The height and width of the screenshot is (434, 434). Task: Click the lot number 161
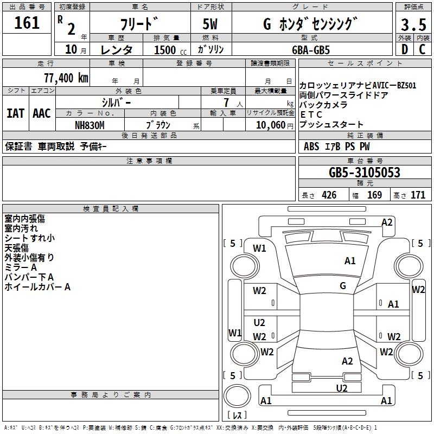[27, 23]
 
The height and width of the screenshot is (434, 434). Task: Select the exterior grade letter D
[404, 49]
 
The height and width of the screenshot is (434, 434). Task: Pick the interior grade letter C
[422, 49]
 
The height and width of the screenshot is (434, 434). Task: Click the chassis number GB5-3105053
[365, 173]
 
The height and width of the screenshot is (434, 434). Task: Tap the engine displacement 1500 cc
[169, 50]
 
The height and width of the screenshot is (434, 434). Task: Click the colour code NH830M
[90, 124]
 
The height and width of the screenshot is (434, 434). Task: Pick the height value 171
[418, 195]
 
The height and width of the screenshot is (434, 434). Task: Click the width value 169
[375, 195]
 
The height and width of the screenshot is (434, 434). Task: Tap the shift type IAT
[16, 113]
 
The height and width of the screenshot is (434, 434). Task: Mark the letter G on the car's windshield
[343, 286]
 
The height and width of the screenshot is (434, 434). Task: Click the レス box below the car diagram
[237, 416]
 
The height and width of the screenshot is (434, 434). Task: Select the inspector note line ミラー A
[21, 267]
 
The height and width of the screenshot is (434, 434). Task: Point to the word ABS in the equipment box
[311, 146]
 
